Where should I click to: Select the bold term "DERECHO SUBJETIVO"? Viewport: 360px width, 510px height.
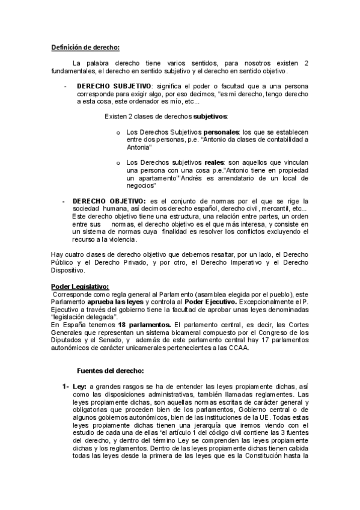pos(113,86)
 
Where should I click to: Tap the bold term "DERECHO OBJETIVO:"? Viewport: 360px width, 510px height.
pos(108,201)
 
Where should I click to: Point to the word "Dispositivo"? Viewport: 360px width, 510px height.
pos(68,270)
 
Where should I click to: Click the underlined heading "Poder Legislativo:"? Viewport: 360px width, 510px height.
pos(80,286)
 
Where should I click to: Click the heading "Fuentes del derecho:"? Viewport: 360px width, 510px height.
pos(110,370)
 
